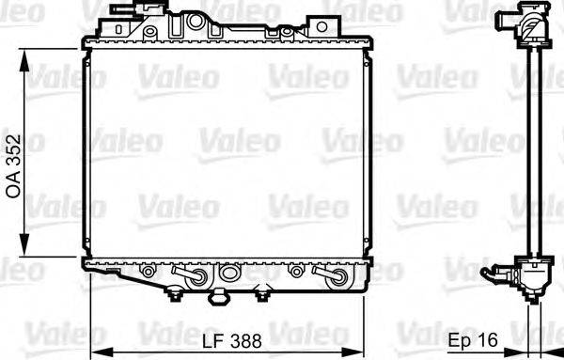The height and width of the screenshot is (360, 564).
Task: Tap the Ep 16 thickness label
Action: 478,339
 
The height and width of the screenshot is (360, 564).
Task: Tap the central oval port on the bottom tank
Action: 227,275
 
